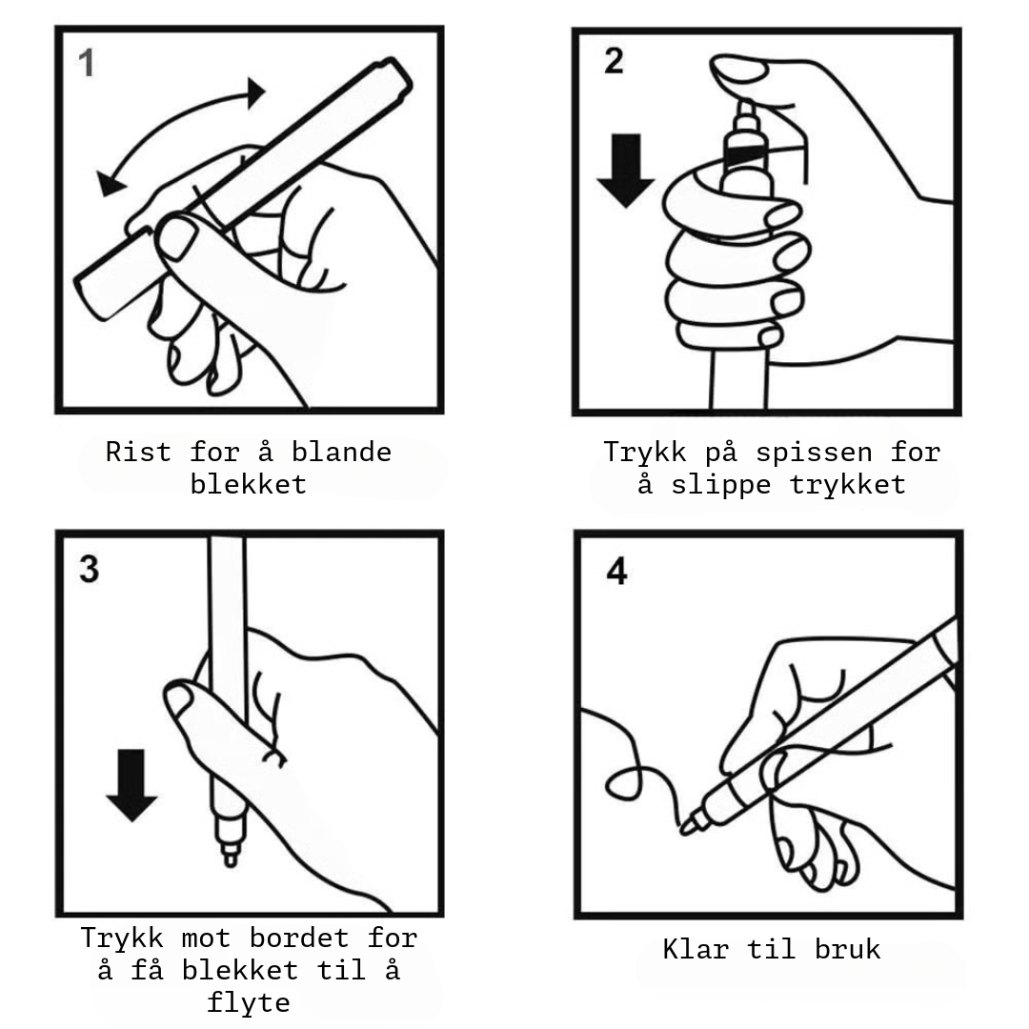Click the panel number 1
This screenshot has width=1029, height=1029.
point(86,65)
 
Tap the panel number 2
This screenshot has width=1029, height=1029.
point(614,61)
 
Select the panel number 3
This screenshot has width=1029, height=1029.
point(90,569)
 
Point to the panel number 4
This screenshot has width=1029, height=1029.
point(616,571)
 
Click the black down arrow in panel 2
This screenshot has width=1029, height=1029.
point(625,171)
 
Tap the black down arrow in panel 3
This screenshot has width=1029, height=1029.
point(131,785)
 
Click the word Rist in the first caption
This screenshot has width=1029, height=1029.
point(138,453)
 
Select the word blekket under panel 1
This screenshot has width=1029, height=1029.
point(248,485)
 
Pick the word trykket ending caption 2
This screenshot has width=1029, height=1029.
point(847,486)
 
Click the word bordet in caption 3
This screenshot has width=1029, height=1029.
point(299,938)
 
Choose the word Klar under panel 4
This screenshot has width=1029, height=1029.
point(696,950)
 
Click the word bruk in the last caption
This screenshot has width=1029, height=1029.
point(847,950)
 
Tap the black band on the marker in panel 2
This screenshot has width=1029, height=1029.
point(745,155)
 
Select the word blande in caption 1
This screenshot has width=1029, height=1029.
point(341,453)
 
